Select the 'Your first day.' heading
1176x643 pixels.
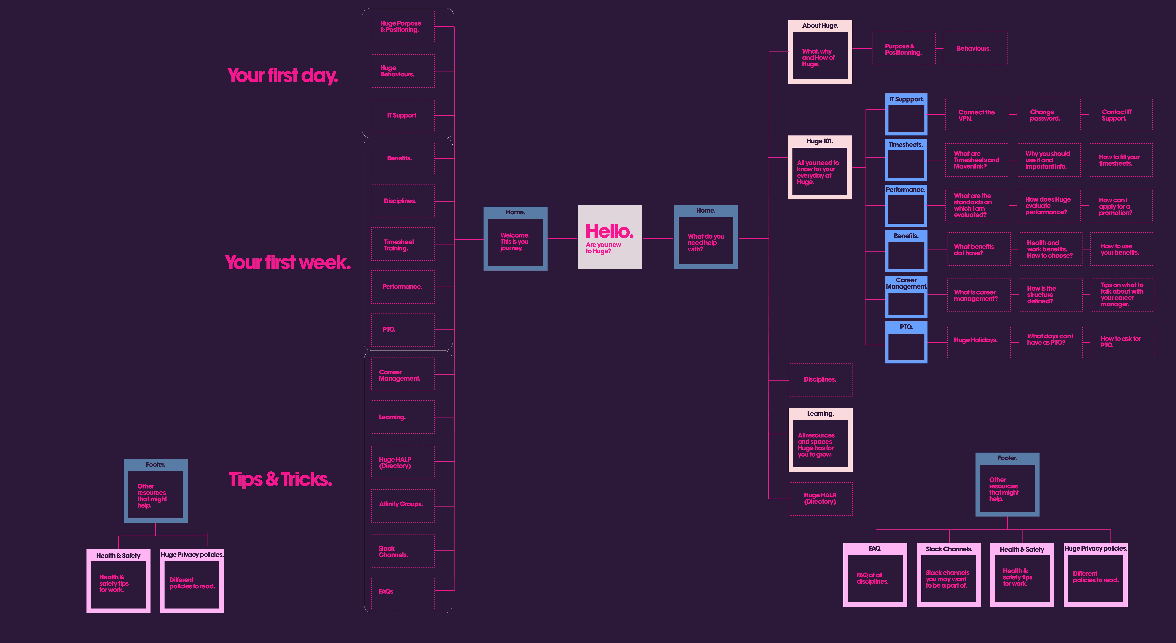point(283,75)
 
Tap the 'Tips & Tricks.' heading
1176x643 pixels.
point(280,479)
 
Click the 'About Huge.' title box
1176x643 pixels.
point(820,52)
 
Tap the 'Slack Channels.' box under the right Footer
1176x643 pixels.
point(948,575)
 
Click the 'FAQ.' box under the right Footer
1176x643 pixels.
point(875,575)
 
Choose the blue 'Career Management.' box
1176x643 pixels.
point(906,297)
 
